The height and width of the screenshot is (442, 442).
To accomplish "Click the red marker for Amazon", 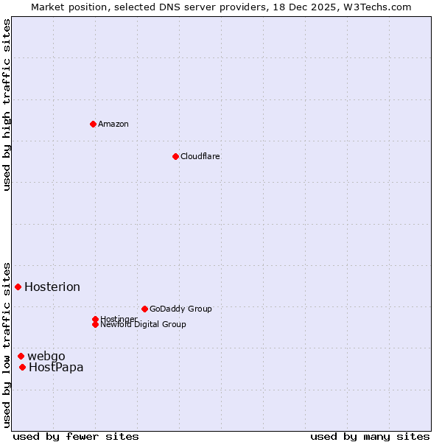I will point(93,124).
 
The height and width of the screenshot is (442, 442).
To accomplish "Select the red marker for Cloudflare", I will point(175,156).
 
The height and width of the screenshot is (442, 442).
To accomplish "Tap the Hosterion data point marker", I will point(18,287).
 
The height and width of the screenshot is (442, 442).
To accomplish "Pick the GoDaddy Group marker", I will point(144,309).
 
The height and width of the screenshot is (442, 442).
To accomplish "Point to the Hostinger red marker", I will point(95,319).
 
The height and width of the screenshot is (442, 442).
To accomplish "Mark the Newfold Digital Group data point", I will point(95,324).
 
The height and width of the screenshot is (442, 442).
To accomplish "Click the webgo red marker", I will point(21,356).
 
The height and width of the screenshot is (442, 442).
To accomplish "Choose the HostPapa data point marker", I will point(22,367).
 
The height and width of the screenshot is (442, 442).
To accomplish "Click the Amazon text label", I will point(113,124).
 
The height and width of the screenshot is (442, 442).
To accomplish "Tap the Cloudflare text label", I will point(200,156).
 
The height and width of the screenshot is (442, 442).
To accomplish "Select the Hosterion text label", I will point(52,287).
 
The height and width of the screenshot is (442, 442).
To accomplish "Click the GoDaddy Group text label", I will point(180,309).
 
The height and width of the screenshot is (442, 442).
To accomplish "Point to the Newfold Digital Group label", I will point(144,325).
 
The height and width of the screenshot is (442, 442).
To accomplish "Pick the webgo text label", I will point(46,357).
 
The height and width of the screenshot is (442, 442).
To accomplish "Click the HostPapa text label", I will point(56,368).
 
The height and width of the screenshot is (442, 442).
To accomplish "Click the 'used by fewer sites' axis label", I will point(76,436).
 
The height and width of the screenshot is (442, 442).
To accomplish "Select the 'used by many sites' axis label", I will point(370,436).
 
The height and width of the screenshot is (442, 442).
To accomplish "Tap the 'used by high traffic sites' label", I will point(7,105).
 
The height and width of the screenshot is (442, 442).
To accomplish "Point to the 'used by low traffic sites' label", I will point(7,345).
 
